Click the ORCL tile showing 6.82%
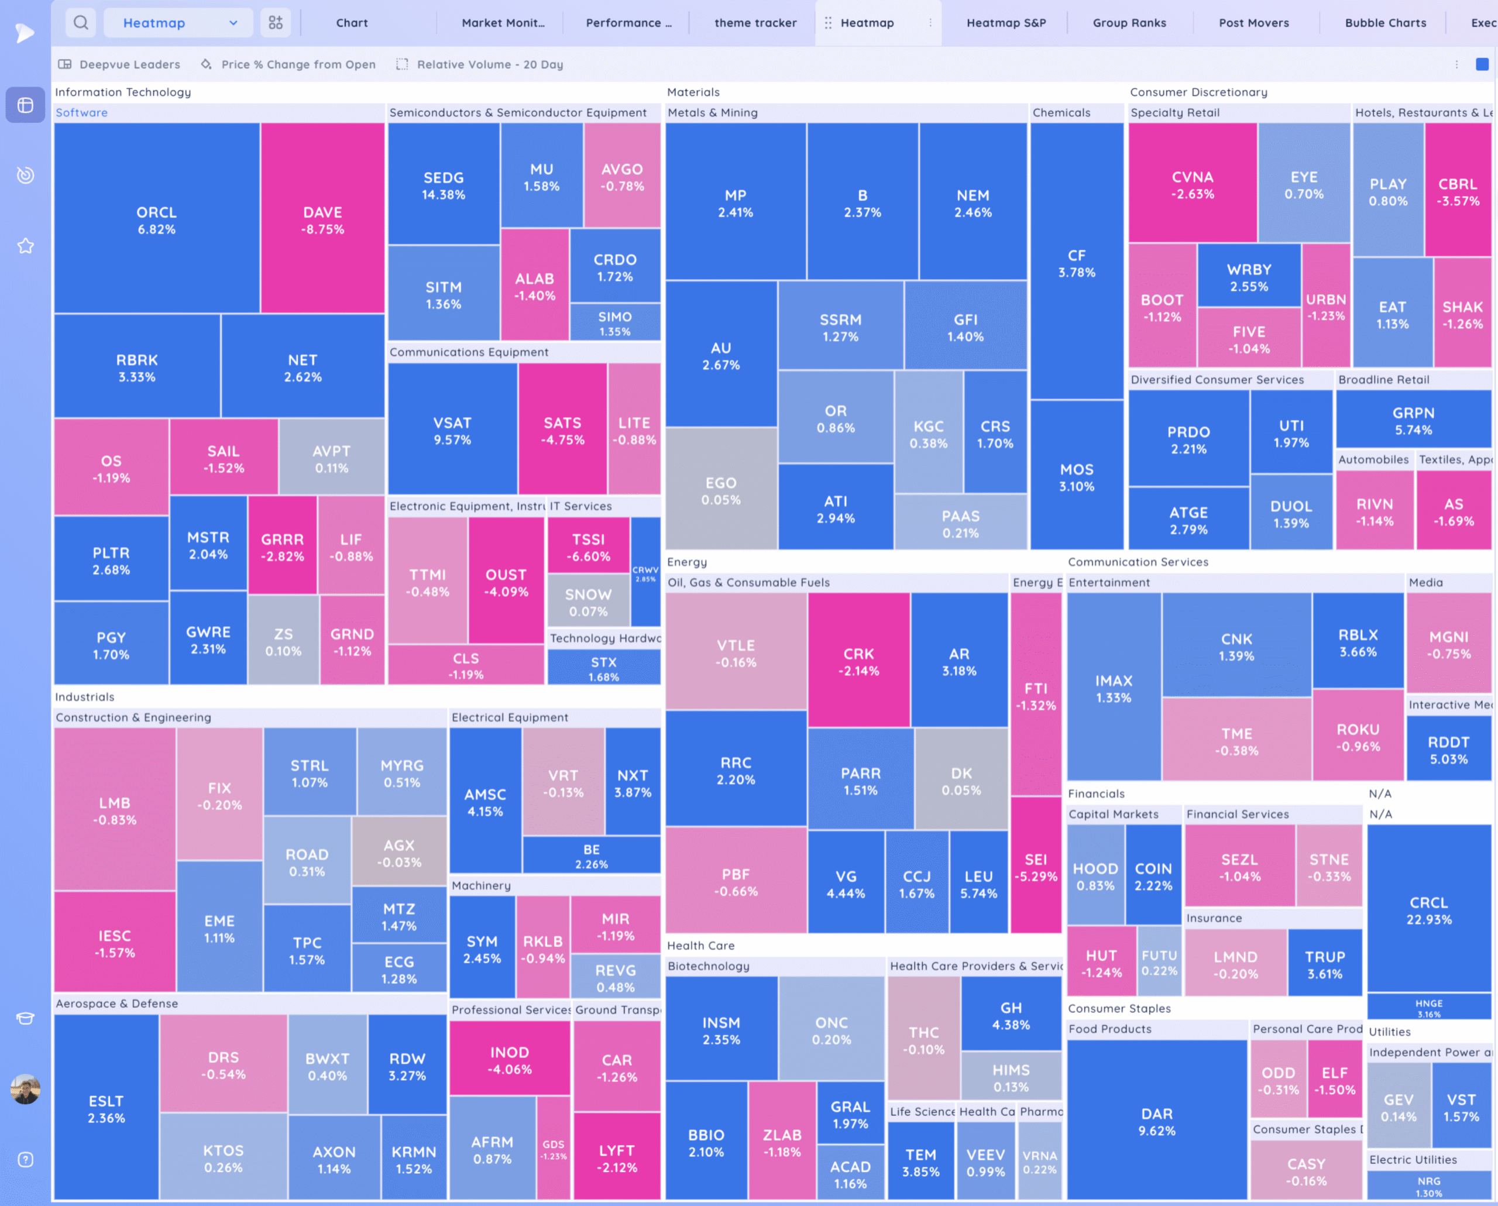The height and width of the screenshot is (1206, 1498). (156, 219)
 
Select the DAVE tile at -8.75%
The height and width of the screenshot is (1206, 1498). (322, 219)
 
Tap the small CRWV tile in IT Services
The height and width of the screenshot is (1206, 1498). (645, 572)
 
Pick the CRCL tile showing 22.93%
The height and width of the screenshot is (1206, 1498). (1428, 909)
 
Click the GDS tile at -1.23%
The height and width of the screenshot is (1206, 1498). (553, 1149)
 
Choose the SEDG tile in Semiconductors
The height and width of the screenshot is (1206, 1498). (444, 185)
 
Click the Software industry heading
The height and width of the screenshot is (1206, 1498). (81, 112)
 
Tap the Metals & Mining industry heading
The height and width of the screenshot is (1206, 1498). (712, 112)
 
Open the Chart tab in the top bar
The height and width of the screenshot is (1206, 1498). (352, 23)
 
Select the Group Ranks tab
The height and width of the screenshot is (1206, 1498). (1129, 23)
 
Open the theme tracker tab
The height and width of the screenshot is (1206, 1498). (755, 23)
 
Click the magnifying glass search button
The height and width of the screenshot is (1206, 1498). (81, 23)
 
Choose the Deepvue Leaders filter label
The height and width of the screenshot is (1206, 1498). (129, 64)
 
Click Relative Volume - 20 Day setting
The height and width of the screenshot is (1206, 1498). (489, 64)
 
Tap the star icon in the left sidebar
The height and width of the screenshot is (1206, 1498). (26, 246)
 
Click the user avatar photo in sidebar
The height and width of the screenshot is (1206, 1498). (26, 1088)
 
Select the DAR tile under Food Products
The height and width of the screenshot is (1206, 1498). (1156, 1121)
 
